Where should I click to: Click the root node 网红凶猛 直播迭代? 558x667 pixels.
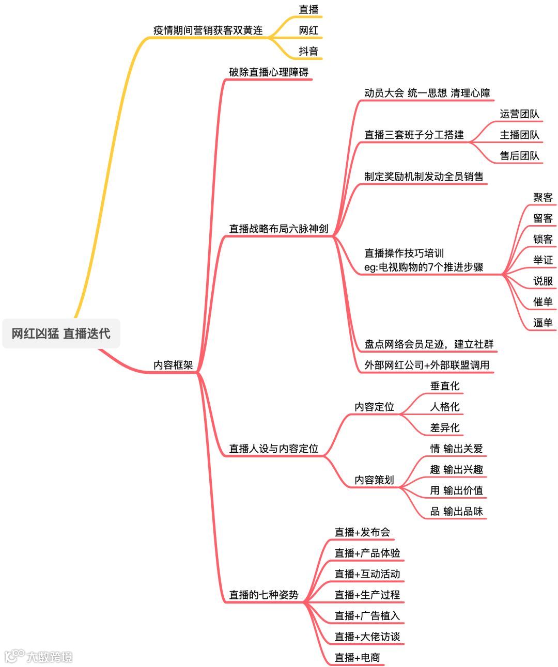pos(61,333)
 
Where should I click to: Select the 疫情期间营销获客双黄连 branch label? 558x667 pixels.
pos(208,30)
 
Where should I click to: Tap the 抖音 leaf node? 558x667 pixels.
pos(308,51)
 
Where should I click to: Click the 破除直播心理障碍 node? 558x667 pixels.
pos(269,72)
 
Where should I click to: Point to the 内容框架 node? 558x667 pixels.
pos(173,365)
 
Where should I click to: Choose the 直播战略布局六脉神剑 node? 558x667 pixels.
pos(278,229)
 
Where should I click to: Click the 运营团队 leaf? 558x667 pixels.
pos(519,114)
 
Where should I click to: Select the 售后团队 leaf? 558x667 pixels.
pos(519,156)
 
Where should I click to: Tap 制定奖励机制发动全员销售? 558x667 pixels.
pos(424,177)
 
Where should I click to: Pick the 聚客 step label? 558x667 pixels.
pos(543,198)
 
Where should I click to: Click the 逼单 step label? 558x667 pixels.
pos(543,323)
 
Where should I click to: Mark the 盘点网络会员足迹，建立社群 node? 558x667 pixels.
pos(429,344)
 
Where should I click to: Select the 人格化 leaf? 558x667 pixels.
pos(445,407)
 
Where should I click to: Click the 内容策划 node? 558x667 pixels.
pos(374,480)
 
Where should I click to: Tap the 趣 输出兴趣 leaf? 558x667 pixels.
pos(457,469)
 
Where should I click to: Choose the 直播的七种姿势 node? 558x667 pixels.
pos(263,595)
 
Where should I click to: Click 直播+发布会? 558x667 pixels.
pos(362,532)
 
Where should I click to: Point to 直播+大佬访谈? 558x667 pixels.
pos(367,637)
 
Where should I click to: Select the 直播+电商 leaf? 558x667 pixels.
pos(357,658)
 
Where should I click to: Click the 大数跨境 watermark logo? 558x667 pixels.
pos(39,656)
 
